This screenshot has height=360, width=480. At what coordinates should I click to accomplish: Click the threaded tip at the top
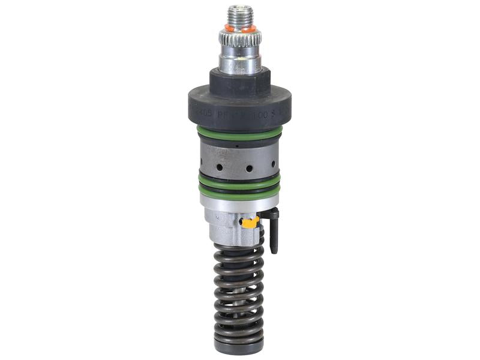[239, 15]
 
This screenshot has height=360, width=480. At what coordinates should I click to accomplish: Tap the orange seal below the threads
[240, 28]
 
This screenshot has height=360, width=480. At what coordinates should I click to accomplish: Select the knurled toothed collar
[239, 40]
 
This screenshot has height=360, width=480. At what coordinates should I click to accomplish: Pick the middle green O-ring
[239, 180]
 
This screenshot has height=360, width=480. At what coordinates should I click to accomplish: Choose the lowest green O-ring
[239, 190]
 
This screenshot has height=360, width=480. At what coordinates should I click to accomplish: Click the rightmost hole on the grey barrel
[274, 163]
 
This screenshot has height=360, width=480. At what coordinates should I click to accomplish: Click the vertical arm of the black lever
[274, 237]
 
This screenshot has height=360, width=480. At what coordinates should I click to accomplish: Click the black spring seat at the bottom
[239, 347]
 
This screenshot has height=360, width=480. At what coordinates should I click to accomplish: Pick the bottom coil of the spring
[239, 335]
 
